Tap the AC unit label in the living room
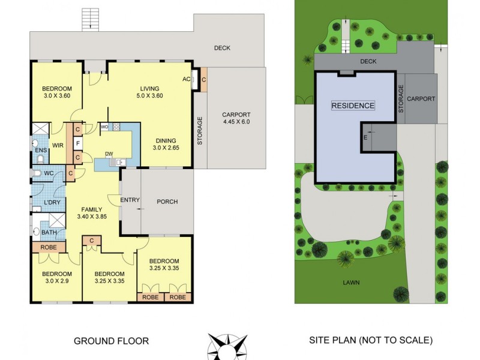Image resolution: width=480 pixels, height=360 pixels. click(186, 79)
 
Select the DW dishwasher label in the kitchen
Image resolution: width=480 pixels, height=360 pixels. click(109, 154)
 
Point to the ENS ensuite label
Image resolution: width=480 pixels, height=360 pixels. click(41, 150)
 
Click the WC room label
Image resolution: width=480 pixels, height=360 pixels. click(49, 174)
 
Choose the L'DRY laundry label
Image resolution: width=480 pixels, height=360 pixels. click(52, 202)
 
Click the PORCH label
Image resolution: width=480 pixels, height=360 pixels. click(167, 202)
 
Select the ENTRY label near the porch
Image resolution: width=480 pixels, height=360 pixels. click(130, 200)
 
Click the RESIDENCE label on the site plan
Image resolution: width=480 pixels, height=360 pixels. click(353, 106)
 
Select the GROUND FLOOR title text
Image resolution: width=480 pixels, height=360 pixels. click(111, 341)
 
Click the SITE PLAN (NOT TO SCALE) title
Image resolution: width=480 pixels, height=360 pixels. click(370, 340)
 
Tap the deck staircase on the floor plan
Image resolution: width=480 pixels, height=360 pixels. click(90, 20)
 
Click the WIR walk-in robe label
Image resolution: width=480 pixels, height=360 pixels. click(58, 145)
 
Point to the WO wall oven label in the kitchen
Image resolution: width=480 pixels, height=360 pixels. click(104, 127)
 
